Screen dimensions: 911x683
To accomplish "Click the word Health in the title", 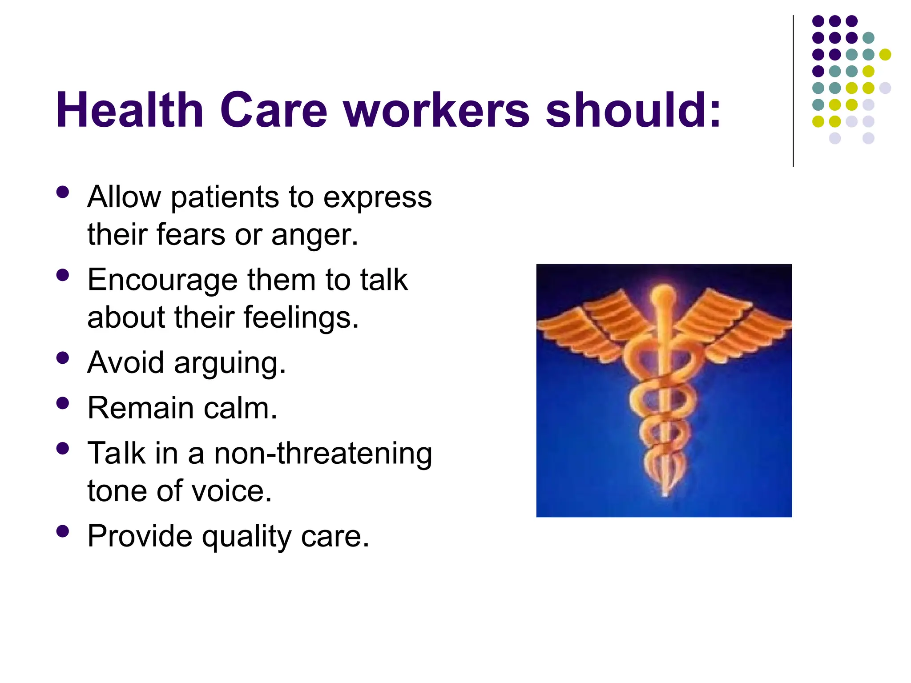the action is click(x=129, y=110).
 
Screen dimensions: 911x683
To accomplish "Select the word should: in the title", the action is click(x=633, y=110).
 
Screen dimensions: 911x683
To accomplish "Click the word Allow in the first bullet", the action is click(x=124, y=197).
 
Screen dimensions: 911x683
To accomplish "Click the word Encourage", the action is click(x=162, y=280).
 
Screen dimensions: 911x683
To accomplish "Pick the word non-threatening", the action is click(x=323, y=454).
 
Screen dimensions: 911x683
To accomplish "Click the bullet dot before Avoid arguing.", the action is click(x=63, y=358).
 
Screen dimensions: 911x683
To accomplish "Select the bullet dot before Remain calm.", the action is click(x=63, y=403).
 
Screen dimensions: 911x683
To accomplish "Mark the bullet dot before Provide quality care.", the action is click(x=63, y=531).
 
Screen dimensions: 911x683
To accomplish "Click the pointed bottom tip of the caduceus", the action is click(x=665, y=494).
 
